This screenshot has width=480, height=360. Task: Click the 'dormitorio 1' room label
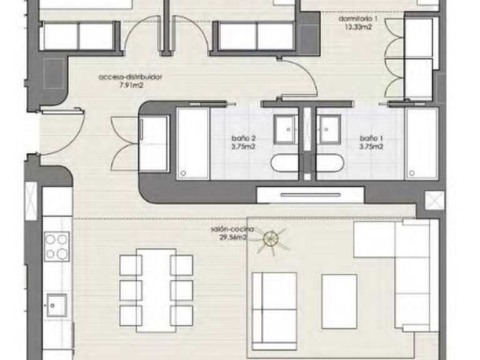[x=358, y=19]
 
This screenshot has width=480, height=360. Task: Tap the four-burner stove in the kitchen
[x=57, y=246]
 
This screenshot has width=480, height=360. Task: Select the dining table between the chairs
[x=156, y=290]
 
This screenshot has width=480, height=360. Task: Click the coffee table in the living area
[x=339, y=301]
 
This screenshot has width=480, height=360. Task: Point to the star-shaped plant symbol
[x=272, y=239]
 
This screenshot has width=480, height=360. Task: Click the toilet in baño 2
[x=286, y=164]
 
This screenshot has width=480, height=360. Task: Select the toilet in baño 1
[x=329, y=164]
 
